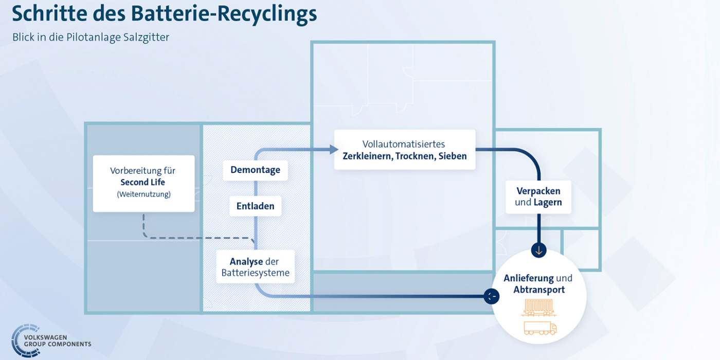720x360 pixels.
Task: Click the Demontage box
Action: click(x=255, y=170)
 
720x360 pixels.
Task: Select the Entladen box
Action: click(x=255, y=206)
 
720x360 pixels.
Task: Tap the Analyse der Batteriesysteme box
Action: click(x=255, y=267)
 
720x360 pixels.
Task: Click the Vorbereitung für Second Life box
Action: click(x=143, y=184)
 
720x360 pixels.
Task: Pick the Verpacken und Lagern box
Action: click(x=538, y=196)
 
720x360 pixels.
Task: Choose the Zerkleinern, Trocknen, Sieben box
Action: click(x=405, y=150)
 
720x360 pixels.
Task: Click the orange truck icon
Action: click(x=540, y=328)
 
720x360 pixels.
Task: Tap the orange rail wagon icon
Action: click(x=539, y=308)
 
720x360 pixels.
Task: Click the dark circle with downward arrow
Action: click(x=539, y=250)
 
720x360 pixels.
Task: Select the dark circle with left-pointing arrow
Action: click(x=492, y=296)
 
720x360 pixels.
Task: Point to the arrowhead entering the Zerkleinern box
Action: click(x=334, y=150)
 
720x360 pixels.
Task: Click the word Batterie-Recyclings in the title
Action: click(x=224, y=14)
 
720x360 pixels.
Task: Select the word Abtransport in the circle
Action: click(x=539, y=290)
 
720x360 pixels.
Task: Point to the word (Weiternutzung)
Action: click(x=143, y=194)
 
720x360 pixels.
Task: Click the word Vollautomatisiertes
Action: click(x=404, y=144)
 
